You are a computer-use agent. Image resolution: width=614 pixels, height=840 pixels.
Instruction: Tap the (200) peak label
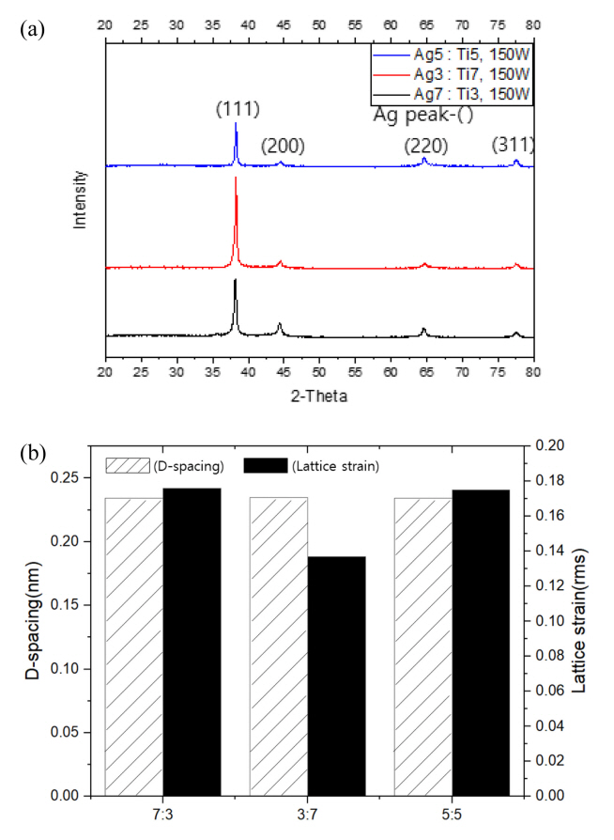[x=282, y=146]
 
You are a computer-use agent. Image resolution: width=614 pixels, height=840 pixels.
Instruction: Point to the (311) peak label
[x=513, y=146]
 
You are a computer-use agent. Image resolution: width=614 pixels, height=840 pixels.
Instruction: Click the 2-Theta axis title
[x=319, y=397]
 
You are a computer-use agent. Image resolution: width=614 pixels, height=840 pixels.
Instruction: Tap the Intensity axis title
[x=81, y=199]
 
